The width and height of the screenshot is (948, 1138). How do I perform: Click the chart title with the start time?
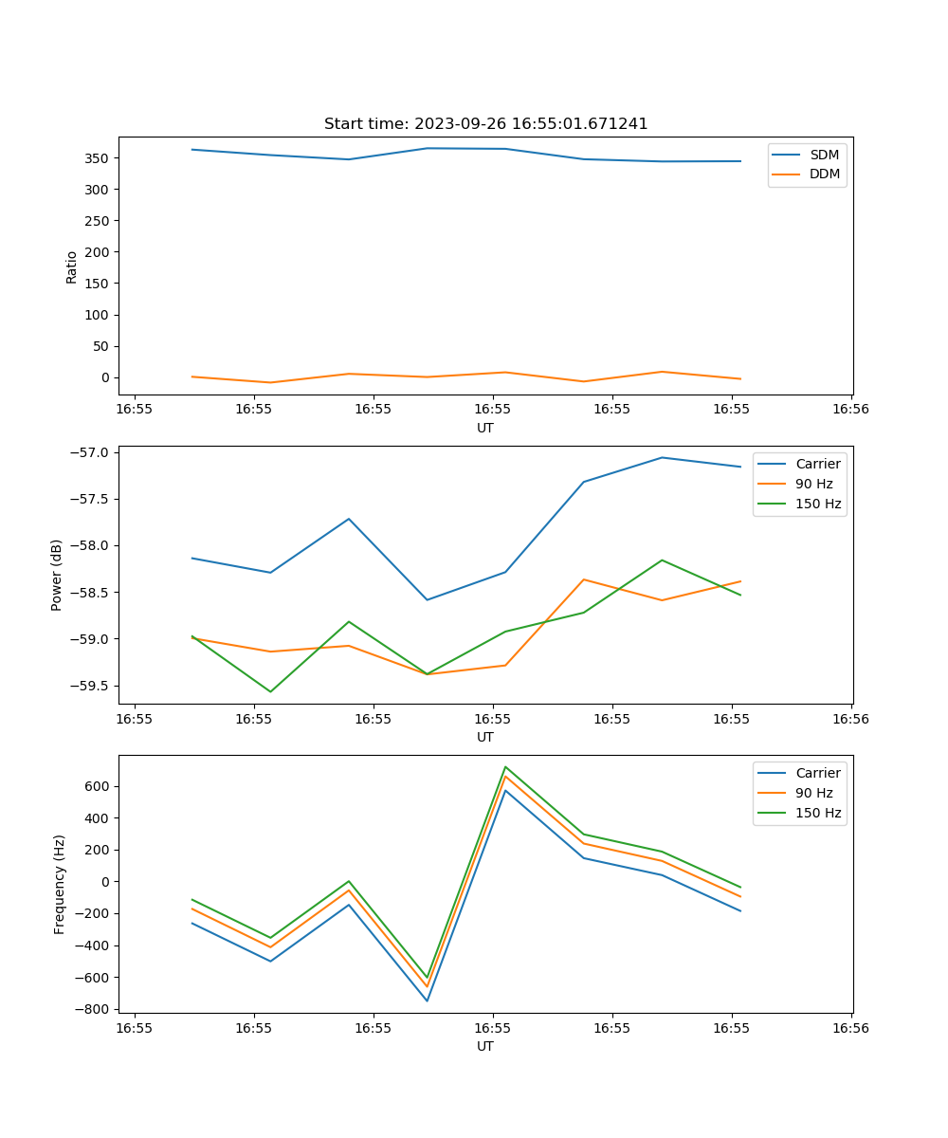pos(485,124)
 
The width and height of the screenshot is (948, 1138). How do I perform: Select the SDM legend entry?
pos(824,155)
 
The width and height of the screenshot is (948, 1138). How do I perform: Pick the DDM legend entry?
pos(824,174)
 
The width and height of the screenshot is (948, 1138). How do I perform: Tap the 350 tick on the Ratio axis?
pos(98,158)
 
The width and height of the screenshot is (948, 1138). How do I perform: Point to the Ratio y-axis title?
pos(72,267)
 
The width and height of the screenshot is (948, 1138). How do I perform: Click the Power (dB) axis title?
pos(57,575)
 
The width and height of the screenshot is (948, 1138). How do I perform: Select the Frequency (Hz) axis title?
pos(60,884)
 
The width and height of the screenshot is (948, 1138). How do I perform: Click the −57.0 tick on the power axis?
pos(89,452)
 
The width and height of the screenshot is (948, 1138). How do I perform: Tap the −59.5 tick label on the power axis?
pos(89,686)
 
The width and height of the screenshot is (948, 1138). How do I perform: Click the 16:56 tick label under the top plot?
pos(850,410)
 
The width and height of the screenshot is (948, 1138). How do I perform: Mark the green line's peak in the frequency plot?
pos(505,766)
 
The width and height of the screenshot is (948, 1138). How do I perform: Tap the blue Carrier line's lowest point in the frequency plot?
pos(427,1000)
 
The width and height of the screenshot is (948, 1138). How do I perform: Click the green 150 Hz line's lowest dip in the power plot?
pos(270,691)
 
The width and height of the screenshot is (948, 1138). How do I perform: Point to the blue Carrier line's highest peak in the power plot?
pos(662,457)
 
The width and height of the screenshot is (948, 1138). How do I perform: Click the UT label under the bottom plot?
pos(485,1047)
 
